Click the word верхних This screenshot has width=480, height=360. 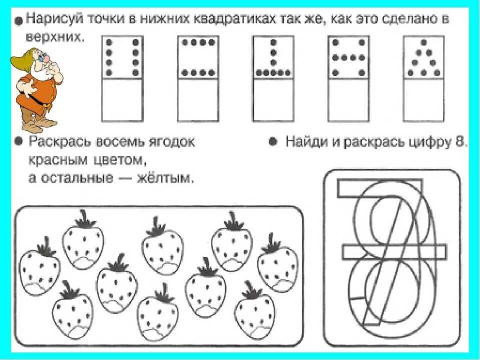pos(52,37)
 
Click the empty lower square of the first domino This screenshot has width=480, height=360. pos(122,100)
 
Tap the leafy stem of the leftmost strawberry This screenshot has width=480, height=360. pos(45,246)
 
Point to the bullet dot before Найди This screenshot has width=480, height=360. pos(273,142)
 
